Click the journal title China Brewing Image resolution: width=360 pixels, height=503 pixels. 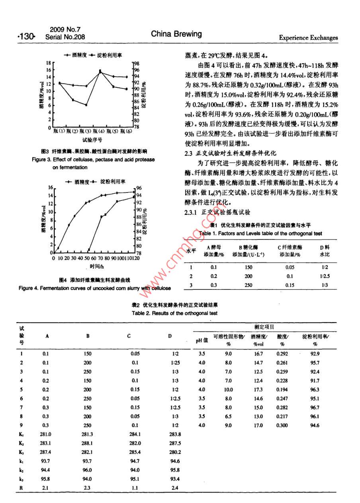coord(176,34)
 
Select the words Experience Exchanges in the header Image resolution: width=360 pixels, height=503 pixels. coord(308,38)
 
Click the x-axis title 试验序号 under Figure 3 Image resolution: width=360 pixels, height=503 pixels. coord(92,140)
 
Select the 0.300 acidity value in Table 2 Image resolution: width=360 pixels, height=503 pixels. coord(282,425)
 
